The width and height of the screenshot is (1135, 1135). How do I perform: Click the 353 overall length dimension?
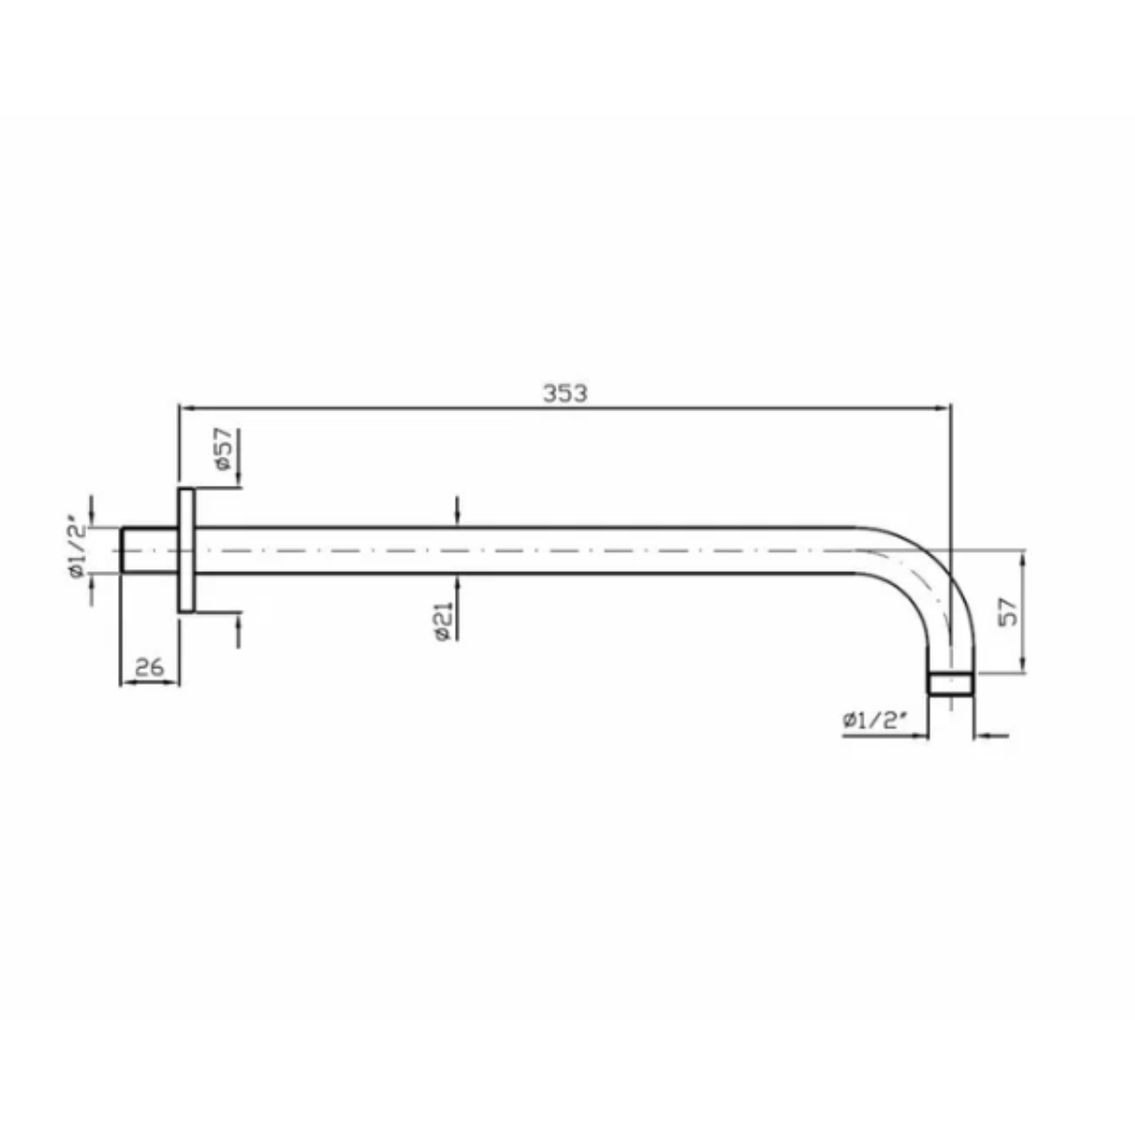(x=565, y=393)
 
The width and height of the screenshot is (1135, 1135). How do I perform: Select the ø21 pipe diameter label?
(x=444, y=621)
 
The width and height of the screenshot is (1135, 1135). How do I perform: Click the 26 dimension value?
(x=149, y=667)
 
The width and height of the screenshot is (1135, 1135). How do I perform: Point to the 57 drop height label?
(x=1009, y=611)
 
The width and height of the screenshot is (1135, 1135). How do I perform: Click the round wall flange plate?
(x=186, y=550)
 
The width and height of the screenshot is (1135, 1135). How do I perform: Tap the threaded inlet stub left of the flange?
(x=150, y=550)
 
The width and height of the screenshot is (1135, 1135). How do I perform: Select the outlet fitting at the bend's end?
(x=950, y=683)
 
